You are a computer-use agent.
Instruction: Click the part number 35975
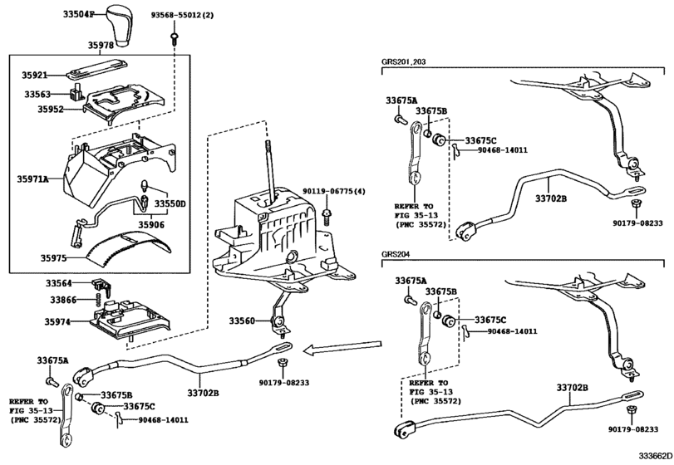pos(54,258)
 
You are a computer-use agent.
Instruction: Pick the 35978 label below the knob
pos(81,46)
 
